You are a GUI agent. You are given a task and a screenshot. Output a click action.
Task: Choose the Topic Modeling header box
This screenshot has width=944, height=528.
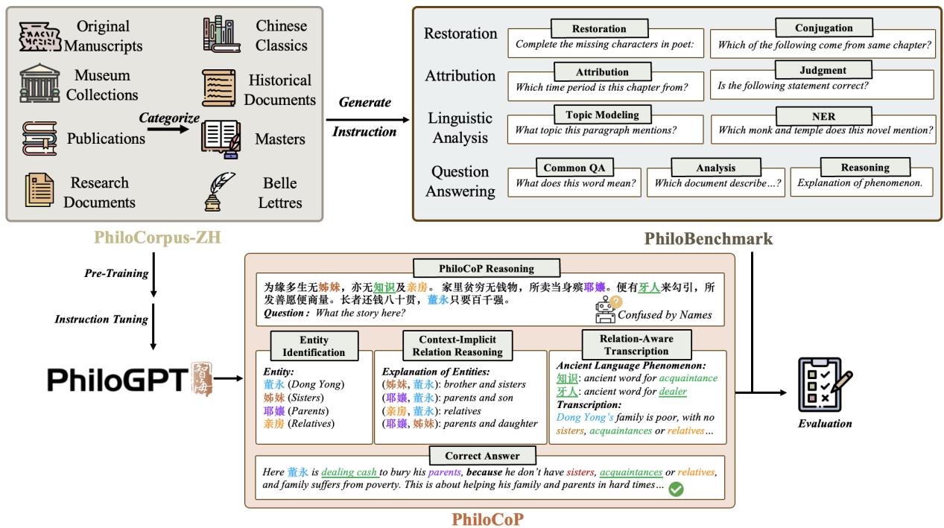pyautogui.click(x=602, y=115)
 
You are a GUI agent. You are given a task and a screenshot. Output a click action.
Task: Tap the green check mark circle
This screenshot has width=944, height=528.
pyautogui.click(x=676, y=489)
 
